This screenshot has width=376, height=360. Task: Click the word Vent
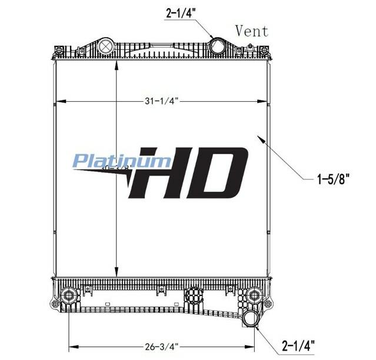point(252,31)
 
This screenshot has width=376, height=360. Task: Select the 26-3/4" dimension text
point(161,346)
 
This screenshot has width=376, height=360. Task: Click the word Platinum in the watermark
point(122,161)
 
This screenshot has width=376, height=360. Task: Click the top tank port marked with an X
point(106,46)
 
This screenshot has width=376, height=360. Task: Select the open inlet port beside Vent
point(218,46)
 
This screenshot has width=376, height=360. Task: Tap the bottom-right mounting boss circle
point(254,294)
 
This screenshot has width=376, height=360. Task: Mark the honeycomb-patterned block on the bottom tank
point(193,297)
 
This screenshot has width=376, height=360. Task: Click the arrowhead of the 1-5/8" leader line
point(257,136)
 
